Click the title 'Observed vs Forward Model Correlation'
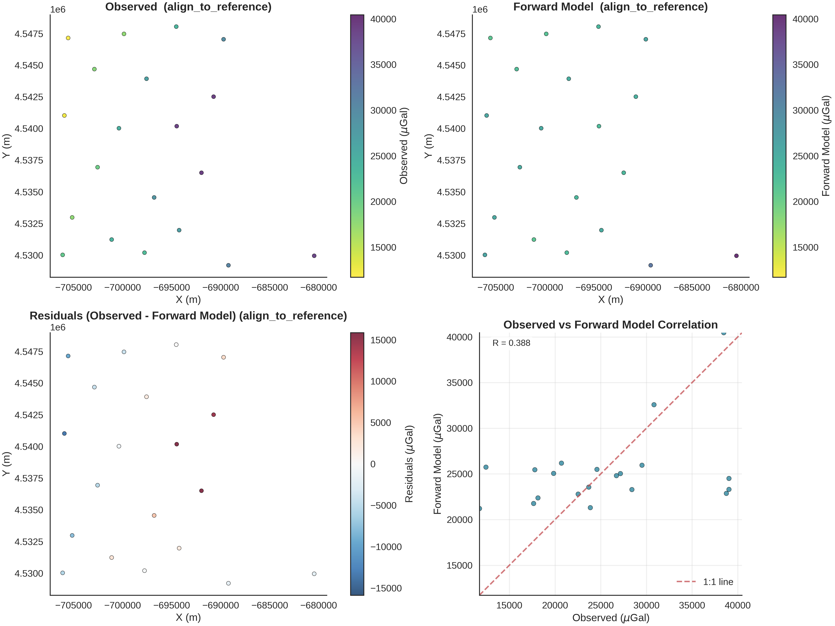[x=610, y=325]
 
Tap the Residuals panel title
[x=188, y=316]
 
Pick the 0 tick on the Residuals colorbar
[x=373, y=464]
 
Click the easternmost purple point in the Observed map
[x=314, y=256]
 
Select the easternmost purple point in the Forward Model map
[x=736, y=256]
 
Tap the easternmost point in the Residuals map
[x=314, y=574]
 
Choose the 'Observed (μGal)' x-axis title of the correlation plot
[x=610, y=618]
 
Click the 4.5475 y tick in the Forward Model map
[x=451, y=34]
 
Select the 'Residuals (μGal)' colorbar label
[x=409, y=464]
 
